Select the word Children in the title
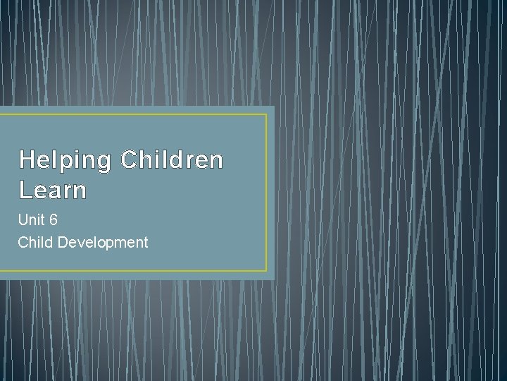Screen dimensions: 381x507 (x=172, y=160)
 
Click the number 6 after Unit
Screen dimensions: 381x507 (x=54, y=220)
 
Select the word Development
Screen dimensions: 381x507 (x=103, y=243)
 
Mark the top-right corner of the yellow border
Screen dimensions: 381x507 (x=267, y=115)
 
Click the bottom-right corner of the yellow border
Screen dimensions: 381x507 (x=267, y=270)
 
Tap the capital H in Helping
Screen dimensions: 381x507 (x=27, y=160)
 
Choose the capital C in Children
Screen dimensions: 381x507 (x=130, y=160)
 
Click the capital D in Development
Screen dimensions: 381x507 (x=63, y=243)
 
